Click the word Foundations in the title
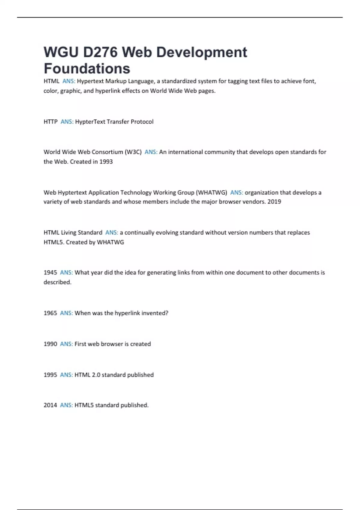(87, 68)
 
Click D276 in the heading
(100, 52)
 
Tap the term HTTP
(50, 121)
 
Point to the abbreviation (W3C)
(133, 152)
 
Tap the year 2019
(274, 202)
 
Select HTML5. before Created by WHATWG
(54, 242)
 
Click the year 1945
(50, 272)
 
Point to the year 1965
(50, 313)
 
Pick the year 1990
(50, 344)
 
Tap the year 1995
(50, 375)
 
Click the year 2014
(50, 405)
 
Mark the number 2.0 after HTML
(96, 375)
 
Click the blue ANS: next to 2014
(66, 405)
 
